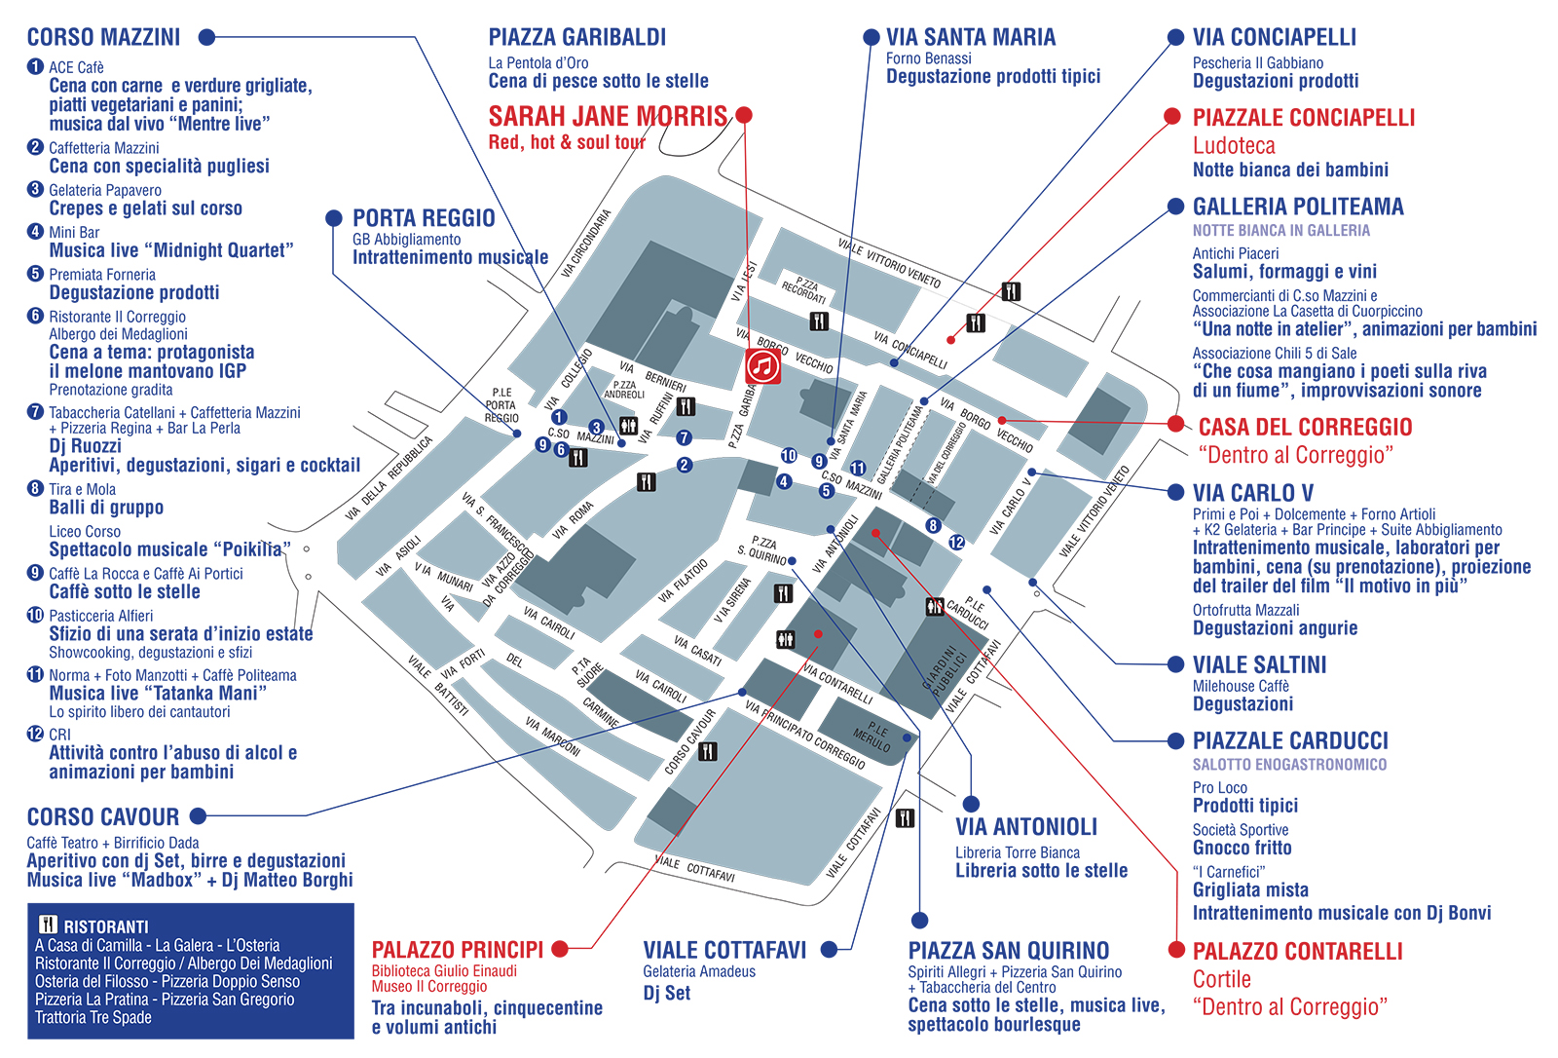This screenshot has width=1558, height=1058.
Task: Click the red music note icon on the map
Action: (762, 366)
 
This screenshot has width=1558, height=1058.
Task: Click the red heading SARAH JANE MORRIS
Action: (608, 117)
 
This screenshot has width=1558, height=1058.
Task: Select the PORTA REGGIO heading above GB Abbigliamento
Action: (424, 218)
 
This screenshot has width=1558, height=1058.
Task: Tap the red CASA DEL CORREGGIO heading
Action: (1305, 427)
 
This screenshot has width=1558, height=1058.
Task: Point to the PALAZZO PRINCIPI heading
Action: (458, 950)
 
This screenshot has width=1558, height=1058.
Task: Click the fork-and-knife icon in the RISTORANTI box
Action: (48, 926)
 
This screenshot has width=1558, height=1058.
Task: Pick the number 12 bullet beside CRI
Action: (36, 734)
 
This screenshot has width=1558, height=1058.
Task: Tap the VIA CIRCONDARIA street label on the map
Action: (586, 244)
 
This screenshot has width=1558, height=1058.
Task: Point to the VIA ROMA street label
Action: (573, 520)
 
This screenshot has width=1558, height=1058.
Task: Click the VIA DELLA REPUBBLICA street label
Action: (389, 477)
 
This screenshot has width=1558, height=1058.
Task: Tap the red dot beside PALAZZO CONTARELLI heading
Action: (1175, 950)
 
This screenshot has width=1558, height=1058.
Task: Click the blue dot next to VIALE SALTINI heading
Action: (1175, 664)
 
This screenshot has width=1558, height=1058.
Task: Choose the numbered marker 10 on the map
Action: (789, 455)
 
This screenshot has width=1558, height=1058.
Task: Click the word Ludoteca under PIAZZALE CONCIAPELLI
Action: (1234, 146)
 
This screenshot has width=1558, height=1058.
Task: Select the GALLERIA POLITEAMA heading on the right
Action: (1298, 207)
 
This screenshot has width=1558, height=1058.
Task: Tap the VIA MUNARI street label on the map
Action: (443, 576)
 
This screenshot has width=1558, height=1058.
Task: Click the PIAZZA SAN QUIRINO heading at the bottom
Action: (1008, 950)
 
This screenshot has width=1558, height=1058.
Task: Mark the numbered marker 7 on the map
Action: (684, 438)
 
